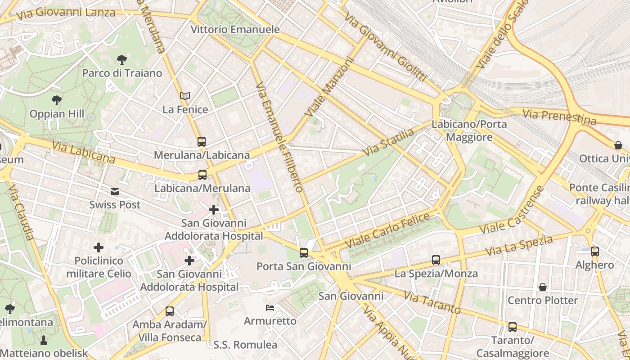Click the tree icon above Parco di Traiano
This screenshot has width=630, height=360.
tap(121, 59)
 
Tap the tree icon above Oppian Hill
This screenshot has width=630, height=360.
tap(57, 100)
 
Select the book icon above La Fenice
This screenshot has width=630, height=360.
tap(185, 96)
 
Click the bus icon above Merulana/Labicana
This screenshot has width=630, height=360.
tap(202, 142)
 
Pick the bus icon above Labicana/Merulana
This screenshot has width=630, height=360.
tap(202, 175)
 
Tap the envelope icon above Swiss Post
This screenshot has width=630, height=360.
tap(115, 192)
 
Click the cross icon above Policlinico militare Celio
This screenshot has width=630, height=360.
tap(99, 247)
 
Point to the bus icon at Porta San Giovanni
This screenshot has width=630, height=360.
tap(304, 253)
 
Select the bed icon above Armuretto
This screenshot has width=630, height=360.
tap(270, 308)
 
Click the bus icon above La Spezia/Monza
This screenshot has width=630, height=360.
tap(436, 260)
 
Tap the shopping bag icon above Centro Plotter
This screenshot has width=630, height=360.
tap(543, 287)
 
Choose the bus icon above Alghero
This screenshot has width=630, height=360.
tap(595, 252)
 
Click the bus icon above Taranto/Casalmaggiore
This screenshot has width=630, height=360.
tap(512, 327)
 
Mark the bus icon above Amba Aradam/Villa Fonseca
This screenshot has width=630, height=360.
tap(170, 311)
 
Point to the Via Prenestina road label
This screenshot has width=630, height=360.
tap(559, 117)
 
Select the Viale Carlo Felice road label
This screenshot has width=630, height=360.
tap(387, 230)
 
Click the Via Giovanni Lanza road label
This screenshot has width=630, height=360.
tap(66, 13)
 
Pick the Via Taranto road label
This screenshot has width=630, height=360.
tap(432, 302)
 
